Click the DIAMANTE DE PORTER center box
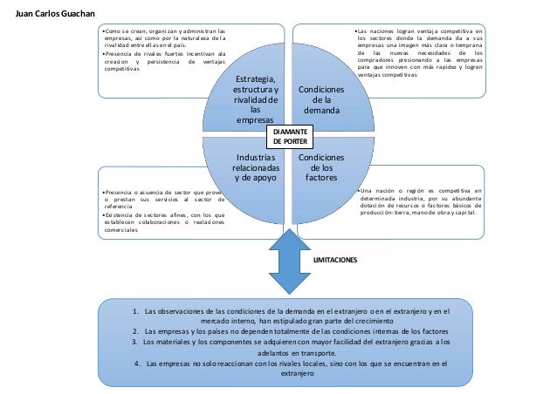pyautogui.click(x=291, y=134)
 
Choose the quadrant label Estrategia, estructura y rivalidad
pyautogui.click(x=256, y=100)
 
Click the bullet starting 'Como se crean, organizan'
pyautogui.click(x=162, y=44)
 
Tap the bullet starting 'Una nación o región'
pyautogui.click(x=418, y=198)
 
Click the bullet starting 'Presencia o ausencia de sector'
pyautogui.click(x=162, y=197)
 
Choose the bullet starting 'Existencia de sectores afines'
pyautogui.click(x=162, y=221)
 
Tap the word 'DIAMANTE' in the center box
pyautogui.click(x=291, y=129)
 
